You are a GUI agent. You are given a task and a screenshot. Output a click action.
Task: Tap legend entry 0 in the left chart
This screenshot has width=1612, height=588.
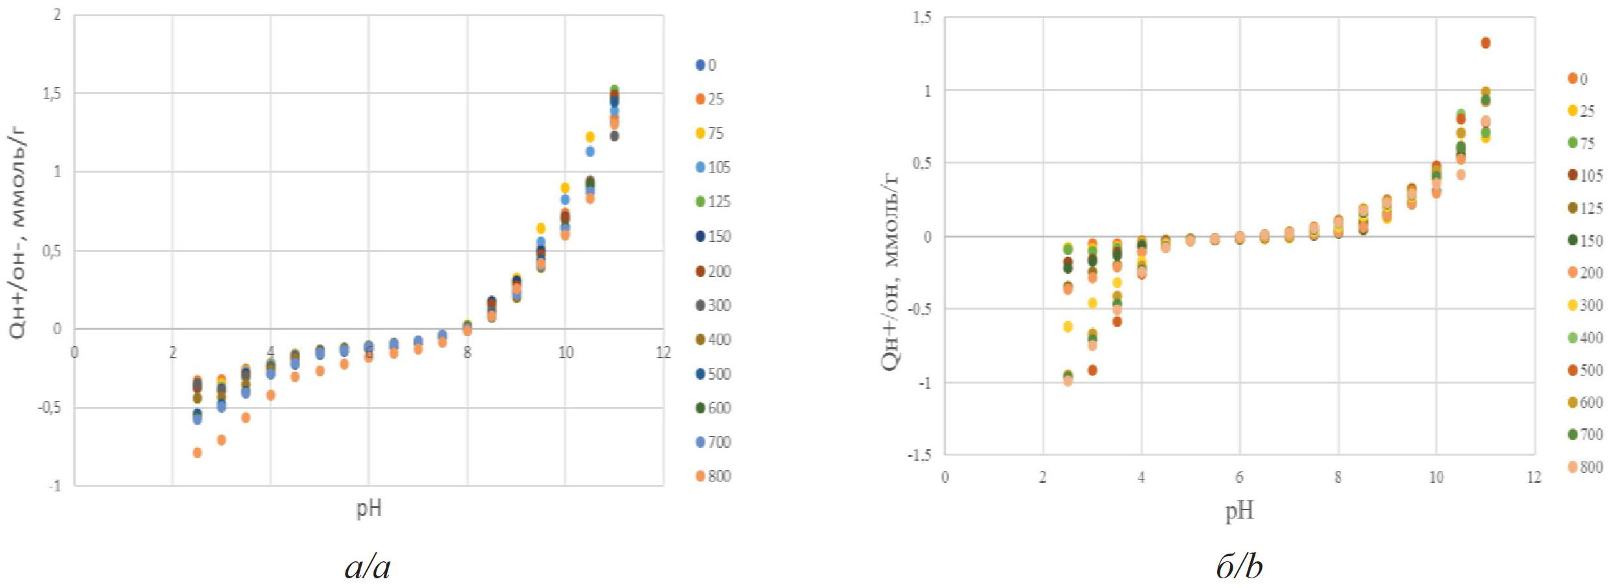[706, 65]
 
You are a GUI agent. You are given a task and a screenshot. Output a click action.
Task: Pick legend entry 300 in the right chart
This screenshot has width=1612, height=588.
[1584, 305]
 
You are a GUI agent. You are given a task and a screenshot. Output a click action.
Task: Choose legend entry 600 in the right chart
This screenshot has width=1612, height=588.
[1584, 402]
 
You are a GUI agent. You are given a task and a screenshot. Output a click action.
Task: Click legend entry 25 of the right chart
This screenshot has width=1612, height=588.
[1581, 111]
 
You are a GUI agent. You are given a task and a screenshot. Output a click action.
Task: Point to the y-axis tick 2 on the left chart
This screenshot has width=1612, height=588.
[57, 15]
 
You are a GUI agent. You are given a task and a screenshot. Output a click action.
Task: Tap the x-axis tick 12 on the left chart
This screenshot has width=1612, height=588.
[662, 352]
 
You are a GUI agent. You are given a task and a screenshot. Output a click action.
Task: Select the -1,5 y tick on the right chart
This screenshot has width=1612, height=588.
[919, 455]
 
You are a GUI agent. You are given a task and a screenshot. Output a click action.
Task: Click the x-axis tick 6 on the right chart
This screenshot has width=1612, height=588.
[1239, 478]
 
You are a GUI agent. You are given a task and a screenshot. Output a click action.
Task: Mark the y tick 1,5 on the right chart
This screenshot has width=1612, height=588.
[922, 18]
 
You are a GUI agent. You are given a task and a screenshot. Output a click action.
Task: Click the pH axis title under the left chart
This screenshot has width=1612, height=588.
[368, 508]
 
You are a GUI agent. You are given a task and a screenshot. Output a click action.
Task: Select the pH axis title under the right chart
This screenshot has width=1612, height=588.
[1239, 511]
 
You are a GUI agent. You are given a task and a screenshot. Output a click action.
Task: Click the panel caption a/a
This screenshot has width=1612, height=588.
[368, 567]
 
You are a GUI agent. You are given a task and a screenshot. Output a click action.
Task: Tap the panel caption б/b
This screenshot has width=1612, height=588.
[1239, 567]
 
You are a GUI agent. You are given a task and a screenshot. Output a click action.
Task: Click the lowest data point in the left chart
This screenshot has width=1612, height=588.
[197, 452]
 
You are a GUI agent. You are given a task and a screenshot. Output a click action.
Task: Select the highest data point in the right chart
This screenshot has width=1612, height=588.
[1485, 43]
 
